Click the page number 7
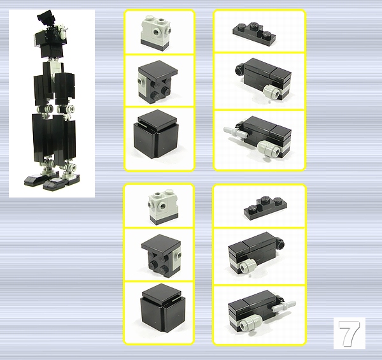click(x=349, y=333)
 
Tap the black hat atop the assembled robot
click(x=46, y=18)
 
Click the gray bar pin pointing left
click(x=236, y=132)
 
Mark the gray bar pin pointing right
click(x=284, y=306)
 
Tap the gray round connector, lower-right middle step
click(x=247, y=266)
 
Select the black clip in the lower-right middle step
click(x=281, y=243)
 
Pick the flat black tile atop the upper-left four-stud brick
click(x=158, y=69)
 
